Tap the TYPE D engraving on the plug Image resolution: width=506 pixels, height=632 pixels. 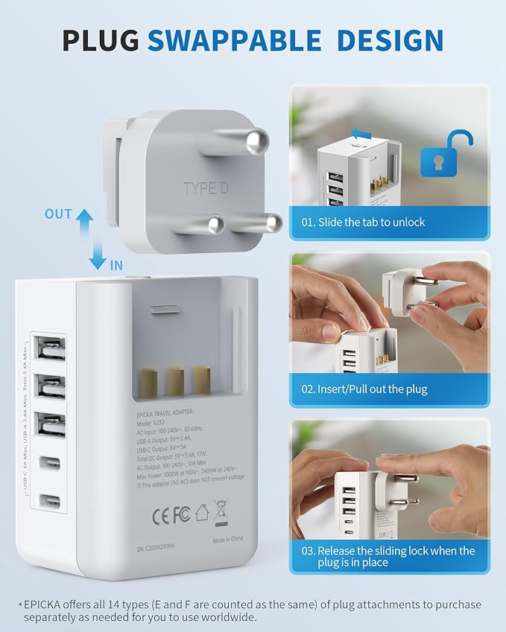(x=206, y=188)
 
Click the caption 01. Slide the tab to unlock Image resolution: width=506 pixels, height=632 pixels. (x=363, y=222)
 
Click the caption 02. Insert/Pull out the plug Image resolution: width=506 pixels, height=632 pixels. (x=375, y=389)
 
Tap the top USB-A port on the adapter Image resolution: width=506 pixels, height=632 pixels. (x=50, y=348)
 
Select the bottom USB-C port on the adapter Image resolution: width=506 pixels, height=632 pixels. (x=50, y=499)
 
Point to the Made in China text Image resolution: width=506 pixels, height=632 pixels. (x=229, y=541)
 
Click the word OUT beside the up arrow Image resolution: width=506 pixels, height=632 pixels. (x=58, y=214)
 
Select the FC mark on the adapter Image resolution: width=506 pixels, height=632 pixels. (x=182, y=514)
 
